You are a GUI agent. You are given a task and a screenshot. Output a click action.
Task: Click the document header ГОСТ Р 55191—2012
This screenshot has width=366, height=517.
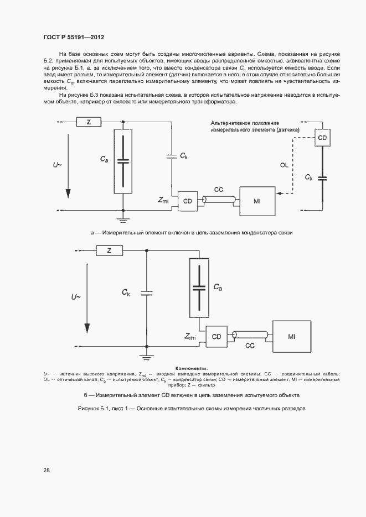point(74,37)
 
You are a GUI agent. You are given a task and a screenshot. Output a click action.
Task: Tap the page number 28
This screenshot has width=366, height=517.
point(47,470)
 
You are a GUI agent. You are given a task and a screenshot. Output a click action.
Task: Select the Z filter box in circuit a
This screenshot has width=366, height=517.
point(89,122)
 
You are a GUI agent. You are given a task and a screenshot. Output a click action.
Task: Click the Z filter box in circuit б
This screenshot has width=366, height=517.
point(109,250)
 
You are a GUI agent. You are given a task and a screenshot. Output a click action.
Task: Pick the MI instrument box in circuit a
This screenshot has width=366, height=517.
point(257,201)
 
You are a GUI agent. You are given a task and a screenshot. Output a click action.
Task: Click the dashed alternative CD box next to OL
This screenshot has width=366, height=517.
point(322,137)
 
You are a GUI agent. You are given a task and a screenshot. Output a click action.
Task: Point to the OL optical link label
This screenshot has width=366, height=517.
point(284,164)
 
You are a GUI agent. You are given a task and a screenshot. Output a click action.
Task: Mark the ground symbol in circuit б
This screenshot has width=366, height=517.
point(146,351)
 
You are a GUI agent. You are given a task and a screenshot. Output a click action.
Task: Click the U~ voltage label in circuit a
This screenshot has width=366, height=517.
point(58,164)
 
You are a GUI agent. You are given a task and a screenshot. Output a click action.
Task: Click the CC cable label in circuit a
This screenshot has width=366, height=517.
point(219,190)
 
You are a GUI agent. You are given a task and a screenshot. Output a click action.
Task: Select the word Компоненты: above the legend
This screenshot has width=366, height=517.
point(191,368)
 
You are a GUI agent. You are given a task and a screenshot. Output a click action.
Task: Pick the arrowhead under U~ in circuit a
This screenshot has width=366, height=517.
point(68,193)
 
